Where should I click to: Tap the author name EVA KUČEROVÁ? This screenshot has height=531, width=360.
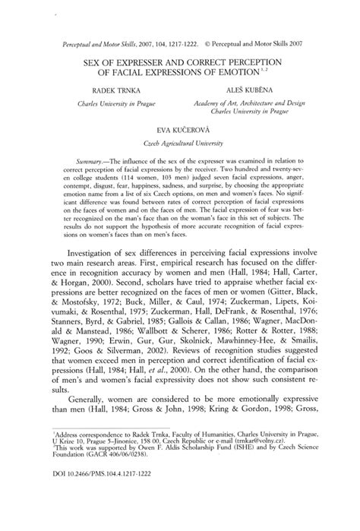[x=180, y=131]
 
